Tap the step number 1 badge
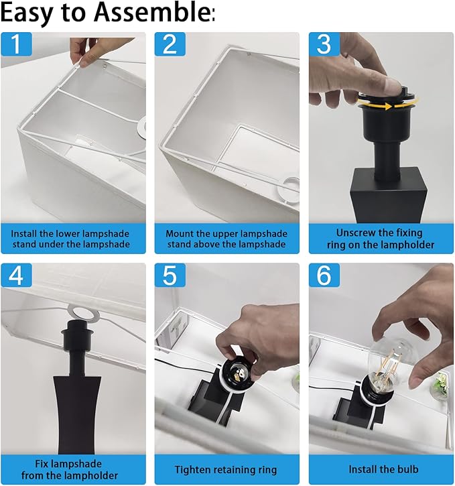point(16,44)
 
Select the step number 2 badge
point(170,44)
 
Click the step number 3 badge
point(324,44)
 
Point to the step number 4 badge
point(16,275)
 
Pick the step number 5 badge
point(170,275)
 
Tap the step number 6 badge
point(324,275)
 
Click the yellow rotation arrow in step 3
point(387,105)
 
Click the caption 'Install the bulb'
point(383,469)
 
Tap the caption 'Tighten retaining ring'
point(225,470)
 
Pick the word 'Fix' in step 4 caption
point(42,464)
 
